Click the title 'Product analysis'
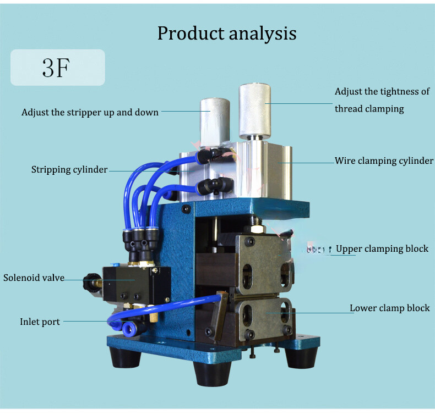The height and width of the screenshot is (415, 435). [227, 33]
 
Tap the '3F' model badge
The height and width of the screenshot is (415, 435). [57, 68]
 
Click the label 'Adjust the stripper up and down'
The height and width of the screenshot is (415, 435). [90, 112]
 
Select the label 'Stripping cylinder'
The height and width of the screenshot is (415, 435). [69, 169]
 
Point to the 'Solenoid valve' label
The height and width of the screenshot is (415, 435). [34, 278]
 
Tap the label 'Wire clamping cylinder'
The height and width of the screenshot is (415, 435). [384, 161]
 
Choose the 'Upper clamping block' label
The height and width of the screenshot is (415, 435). [382, 248]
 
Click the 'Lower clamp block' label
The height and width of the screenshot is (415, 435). [389, 308]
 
